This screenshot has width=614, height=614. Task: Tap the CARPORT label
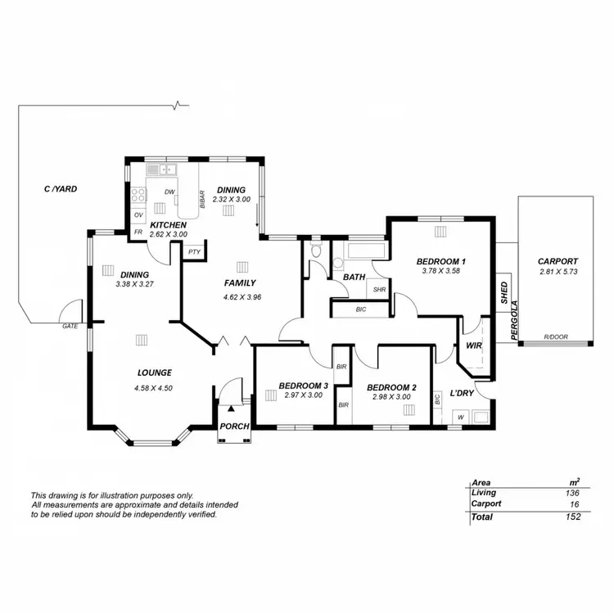pyautogui.click(x=558, y=262)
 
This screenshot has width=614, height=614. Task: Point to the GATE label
pyautogui.click(x=70, y=326)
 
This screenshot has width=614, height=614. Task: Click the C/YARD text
pyautogui.click(x=61, y=189)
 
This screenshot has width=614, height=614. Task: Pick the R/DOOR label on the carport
pyautogui.click(x=558, y=337)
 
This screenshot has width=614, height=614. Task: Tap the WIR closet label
pyautogui.click(x=473, y=345)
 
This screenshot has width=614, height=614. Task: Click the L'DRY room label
pyautogui.click(x=463, y=394)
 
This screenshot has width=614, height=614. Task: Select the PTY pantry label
pyautogui.click(x=194, y=251)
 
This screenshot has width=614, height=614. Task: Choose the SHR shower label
pyautogui.click(x=379, y=289)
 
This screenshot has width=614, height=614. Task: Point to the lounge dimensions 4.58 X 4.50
pyautogui.click(x=154, y=388)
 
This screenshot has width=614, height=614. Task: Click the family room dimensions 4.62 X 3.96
pyautogui.click(x=241, y=297)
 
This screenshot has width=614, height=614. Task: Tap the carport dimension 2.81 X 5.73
pyautogui.click(x=558, y=272)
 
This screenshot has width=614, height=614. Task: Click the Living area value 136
pyautogui.click(x=571, y=493)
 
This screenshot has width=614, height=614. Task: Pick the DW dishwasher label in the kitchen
pyautogui.click(x=169, y=192)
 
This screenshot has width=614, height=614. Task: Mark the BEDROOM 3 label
pyautogui.click(x=303, y=386)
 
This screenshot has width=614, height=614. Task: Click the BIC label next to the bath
pyautogui.click(x=361, y=309)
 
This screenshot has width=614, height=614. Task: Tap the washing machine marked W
pyautogui.click(x=460, y=418)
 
